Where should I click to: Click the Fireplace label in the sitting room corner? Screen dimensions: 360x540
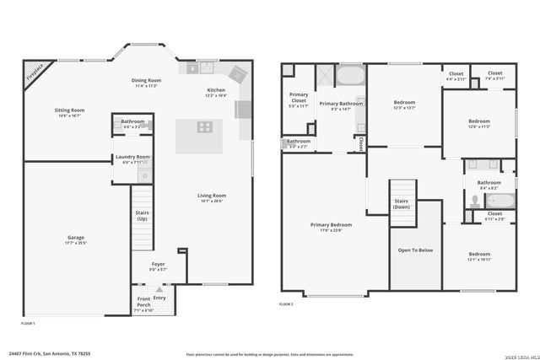tap(35, 72)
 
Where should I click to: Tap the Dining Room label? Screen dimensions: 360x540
tap(146, 81)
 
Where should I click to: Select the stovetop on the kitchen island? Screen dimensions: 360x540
tap(204, 128)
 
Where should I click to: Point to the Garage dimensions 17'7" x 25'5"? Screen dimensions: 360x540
tap(76, 243)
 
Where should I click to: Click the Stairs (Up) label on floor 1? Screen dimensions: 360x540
tap(143, 215)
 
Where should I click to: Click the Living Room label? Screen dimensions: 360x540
tap(212, 196)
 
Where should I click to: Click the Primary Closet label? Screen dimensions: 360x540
tap(299, 97)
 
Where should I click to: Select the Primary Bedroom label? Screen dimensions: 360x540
tap(331, 224)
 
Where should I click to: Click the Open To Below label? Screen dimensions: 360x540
tap(416, 250)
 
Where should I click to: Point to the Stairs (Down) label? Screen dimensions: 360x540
tap(402, 204)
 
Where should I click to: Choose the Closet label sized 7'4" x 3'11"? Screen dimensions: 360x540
tap(495, 73)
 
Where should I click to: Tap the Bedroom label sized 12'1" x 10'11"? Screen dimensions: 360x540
tap(479, 254)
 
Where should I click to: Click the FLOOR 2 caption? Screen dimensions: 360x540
tap(287, 304)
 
